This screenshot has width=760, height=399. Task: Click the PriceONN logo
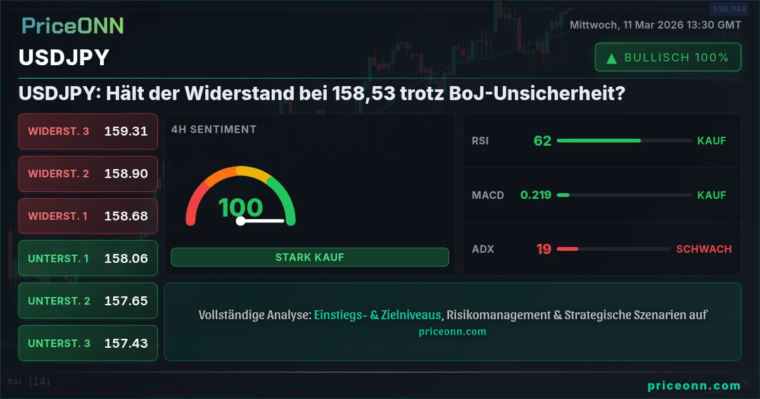coord(73,26)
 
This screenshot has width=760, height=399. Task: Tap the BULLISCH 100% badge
coord(668,58)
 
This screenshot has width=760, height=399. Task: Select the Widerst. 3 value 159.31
coord(126,131)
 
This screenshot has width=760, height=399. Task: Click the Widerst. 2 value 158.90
coord(126,174)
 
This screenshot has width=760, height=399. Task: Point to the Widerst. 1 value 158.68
coord(126,216)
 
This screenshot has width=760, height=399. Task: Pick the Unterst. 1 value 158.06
coord(126,258)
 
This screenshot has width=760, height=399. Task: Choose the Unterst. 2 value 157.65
coord(126,301)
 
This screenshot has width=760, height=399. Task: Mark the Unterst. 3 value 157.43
coord(126,343)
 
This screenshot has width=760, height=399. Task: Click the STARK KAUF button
coord(310,257)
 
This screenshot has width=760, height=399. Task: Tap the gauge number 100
coord(241,207)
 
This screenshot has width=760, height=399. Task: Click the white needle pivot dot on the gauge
coord(241,221)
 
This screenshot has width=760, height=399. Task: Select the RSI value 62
coord(543,141)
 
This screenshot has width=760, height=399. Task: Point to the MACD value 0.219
coord(536,195)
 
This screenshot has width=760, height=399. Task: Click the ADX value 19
coord(544,249)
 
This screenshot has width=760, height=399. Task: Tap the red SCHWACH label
coord(704,249)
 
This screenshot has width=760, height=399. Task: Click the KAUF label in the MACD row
coord(711,195)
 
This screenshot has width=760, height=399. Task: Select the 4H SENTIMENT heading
coord(214,129)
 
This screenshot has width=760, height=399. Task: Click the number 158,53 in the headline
coord(364,93)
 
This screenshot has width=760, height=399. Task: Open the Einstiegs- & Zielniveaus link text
coord(377,315)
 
